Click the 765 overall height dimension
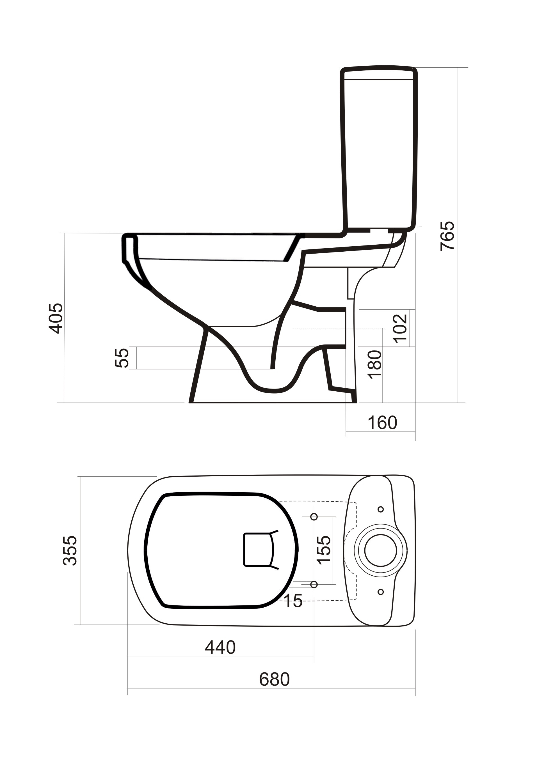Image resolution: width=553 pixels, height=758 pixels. (x=447, y=236)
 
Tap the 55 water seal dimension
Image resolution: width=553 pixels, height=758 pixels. (x=122, y=358)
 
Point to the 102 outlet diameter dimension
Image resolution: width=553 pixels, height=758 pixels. (x=400, y=328)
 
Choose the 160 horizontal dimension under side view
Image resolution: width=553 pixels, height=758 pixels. (x=382, y=422)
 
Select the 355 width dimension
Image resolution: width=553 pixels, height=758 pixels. (x=70, y=550)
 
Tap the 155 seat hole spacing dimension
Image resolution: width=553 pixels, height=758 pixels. (x=323, y=550)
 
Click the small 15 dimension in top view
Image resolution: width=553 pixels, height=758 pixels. (x=293, y=601)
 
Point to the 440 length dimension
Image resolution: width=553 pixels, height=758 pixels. (x=220, y=647)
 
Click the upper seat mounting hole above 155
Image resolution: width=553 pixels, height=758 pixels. (x=314, y=517)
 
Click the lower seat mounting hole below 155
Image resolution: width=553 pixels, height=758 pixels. (x=314, y=584)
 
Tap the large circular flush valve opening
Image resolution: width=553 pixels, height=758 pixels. (x=381, y=550)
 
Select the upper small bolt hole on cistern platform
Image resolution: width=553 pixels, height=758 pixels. (x=381, y=509)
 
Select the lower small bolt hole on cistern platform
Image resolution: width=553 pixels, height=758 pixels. (x=381, y=592)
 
